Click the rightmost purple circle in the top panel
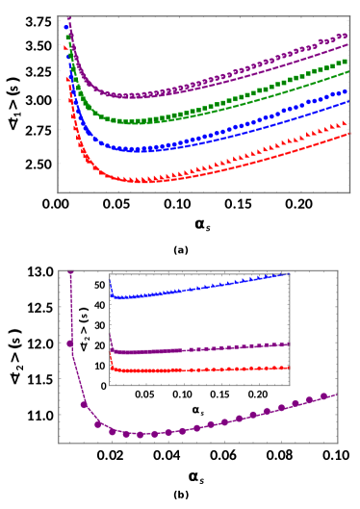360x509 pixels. (345, 36)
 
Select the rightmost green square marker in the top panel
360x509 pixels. (346, 62)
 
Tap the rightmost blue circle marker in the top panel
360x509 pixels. (346, 91)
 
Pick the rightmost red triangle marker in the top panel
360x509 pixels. (346, 123)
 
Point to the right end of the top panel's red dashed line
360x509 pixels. (348, 134)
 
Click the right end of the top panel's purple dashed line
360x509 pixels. (348, 44)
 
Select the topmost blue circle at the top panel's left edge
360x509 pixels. (66, 27)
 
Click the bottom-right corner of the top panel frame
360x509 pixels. (349, 192)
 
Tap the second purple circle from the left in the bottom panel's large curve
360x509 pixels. (84, 404)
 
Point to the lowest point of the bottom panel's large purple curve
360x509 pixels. (140, 434)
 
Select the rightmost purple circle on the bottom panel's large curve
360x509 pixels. (323, 395)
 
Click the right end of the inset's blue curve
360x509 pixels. (289, 274)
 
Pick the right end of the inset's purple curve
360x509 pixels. (289, 344)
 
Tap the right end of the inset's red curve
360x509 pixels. (289, 368)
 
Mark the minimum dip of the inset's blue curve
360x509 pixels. (118, 297)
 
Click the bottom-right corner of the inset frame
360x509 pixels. (290, 385)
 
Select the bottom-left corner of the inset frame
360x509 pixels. (109, 385)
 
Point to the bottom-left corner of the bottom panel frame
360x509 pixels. (59, 443)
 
